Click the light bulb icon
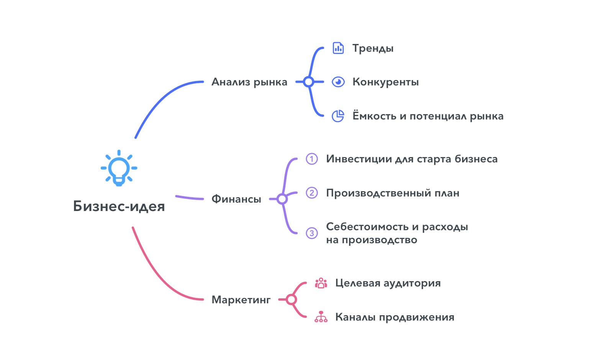click(119, 169)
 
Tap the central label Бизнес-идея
click(119, 206)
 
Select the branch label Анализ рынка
click(249, 82)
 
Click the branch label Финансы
click(236, 199)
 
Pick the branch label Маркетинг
click(241, 299)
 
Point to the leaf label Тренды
click(373, 49)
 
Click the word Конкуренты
click(385, 82)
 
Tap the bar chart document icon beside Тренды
click(338, 48)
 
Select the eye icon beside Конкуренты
click(338, 82)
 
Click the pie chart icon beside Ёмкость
click(338, 116)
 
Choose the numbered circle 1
click(312, 159)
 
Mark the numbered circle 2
click(312, 193)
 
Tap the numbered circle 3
click(312, 233)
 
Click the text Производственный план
click(392, 193)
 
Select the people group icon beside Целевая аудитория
click(321, 283)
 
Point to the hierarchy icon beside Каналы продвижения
click(321, 317)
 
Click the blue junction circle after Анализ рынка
click(308, 82)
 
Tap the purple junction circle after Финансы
click(282, 199)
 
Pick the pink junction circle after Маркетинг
click(292, 299)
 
